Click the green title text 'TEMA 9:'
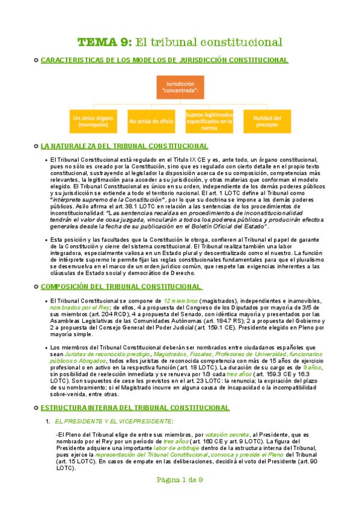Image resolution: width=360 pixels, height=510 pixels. coord(104,42)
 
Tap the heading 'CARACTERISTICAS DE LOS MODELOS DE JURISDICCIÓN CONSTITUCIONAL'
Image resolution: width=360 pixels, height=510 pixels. coord(163,60)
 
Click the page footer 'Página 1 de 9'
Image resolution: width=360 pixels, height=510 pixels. coord(180,497)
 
